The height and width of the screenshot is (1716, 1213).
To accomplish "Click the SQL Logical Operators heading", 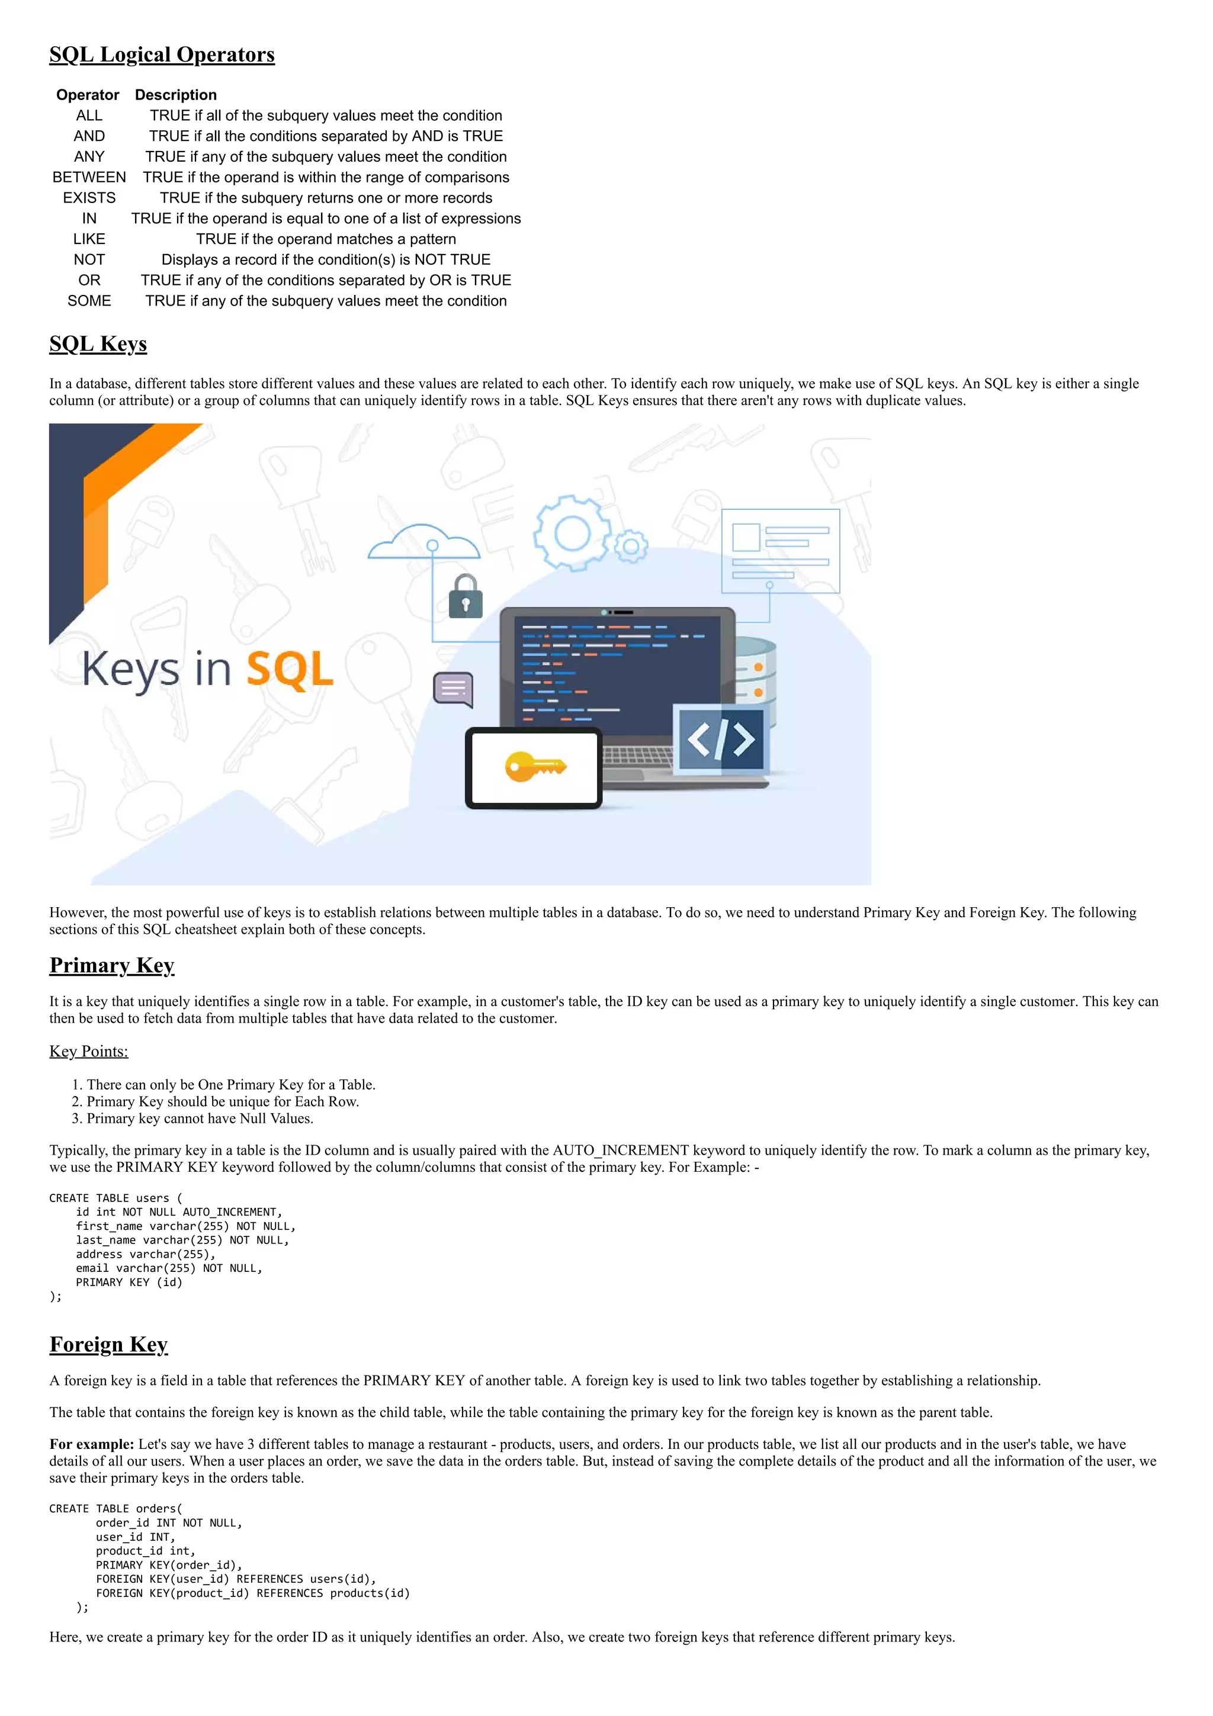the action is click(162, 54).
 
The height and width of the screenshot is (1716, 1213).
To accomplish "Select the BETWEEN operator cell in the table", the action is click(89, 177).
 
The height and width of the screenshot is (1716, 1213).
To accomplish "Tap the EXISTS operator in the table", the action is click(89, 198).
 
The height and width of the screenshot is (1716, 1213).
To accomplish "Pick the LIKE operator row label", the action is click(89, 239).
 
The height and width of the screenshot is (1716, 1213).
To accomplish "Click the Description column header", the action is click(176, 95).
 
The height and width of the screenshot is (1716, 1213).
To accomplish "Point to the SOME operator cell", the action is click(89, 301).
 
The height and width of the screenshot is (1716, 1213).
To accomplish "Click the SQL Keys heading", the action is click(98, 344).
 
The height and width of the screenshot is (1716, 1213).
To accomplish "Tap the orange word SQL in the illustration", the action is click(289, 669).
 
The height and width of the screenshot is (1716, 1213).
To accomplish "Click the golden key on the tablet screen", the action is click(535, 767).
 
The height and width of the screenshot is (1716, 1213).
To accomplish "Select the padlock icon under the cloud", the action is click(465, 597).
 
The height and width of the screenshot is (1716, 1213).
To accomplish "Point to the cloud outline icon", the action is click(423, 541).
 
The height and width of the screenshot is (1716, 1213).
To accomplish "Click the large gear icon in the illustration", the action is click(573, 534).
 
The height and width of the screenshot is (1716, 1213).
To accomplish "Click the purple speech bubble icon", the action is click(454, 689).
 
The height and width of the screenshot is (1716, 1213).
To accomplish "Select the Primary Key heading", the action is click(111, 966).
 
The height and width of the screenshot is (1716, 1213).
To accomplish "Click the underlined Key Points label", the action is click(88, 1052).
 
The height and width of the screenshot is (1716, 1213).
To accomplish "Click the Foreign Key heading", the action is click(108, 1345).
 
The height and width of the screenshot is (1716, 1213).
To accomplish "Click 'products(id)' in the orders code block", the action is click(370, 1593).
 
